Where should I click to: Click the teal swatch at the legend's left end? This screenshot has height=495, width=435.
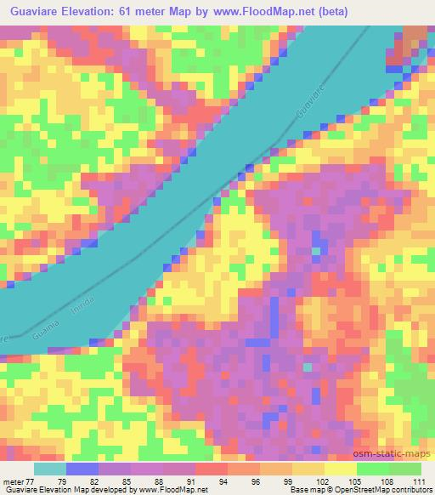(50, 469)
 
